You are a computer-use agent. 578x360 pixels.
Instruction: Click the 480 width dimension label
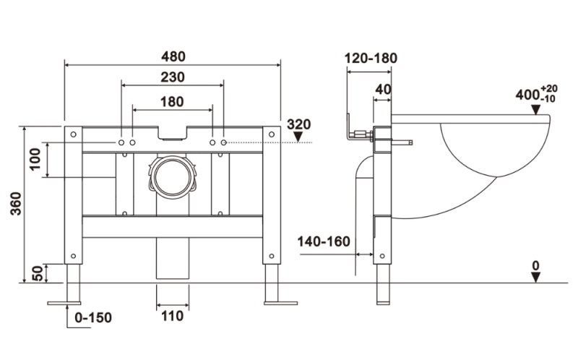(x=173, y=56)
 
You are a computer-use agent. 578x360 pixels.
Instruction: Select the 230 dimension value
(x=173, y=77)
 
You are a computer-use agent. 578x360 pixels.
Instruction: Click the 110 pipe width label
(x=172, y=316)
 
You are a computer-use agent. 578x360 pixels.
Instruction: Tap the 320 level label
(x=298, y=124)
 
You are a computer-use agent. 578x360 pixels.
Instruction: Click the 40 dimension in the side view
(x=384, y=89)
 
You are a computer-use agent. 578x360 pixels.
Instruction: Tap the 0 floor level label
(x=535, y=266)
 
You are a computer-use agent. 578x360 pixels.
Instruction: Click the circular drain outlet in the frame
(x=172, y=176)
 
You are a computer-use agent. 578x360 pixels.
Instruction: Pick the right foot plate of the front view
(x=280, y=302)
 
